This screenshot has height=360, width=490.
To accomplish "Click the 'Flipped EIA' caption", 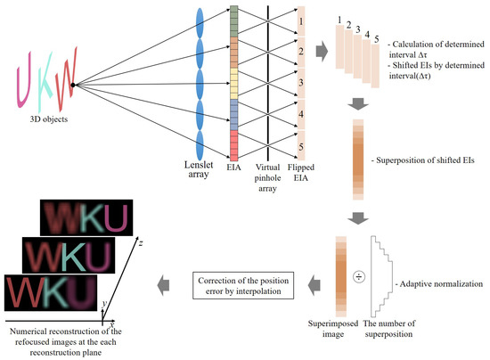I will coord(306,171).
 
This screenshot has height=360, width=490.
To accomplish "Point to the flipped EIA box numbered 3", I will coord(302,81).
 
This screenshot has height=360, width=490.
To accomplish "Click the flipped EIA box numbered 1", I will coord(302,19).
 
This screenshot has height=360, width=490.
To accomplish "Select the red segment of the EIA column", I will coord(234,143).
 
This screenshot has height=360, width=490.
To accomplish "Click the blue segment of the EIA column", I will coord(234,112).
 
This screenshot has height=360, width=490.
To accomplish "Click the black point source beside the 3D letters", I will coord(73,85).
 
